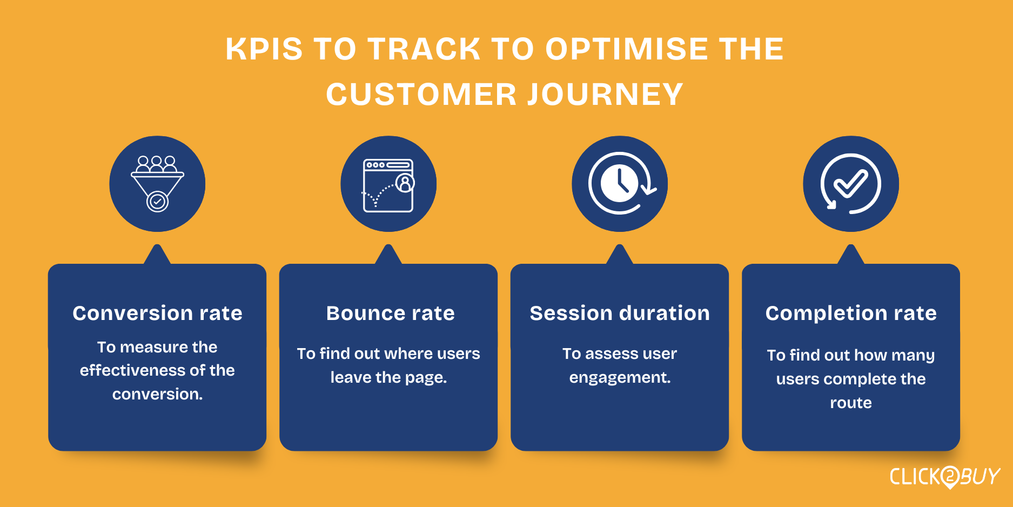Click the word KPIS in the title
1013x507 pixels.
pyautogui.click(x=264, y=49)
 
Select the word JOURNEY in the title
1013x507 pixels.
pyautogui.click(x=605, y=95)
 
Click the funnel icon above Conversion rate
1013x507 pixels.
pyautogui.click(x=157, y=184)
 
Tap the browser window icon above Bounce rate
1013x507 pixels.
pyautogui.click(x=388, y=185)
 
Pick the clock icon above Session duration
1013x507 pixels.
pyautogui.click(x=621, y=184)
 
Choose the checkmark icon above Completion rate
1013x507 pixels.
pyautogui.click(x=851, y=184)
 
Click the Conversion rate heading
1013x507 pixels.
pyautogui.click(x=157, y=313)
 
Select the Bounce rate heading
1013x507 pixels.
pyautogui.click(x=390, y=313)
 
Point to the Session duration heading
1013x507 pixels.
pyautogui.click(x=620, y=313)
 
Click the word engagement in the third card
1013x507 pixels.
pyautogui.click(x=620, y=378)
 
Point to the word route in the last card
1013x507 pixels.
pyautogui.click(x=851, y=403)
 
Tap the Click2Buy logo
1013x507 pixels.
pyautogui.click(x=945, y=477)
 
